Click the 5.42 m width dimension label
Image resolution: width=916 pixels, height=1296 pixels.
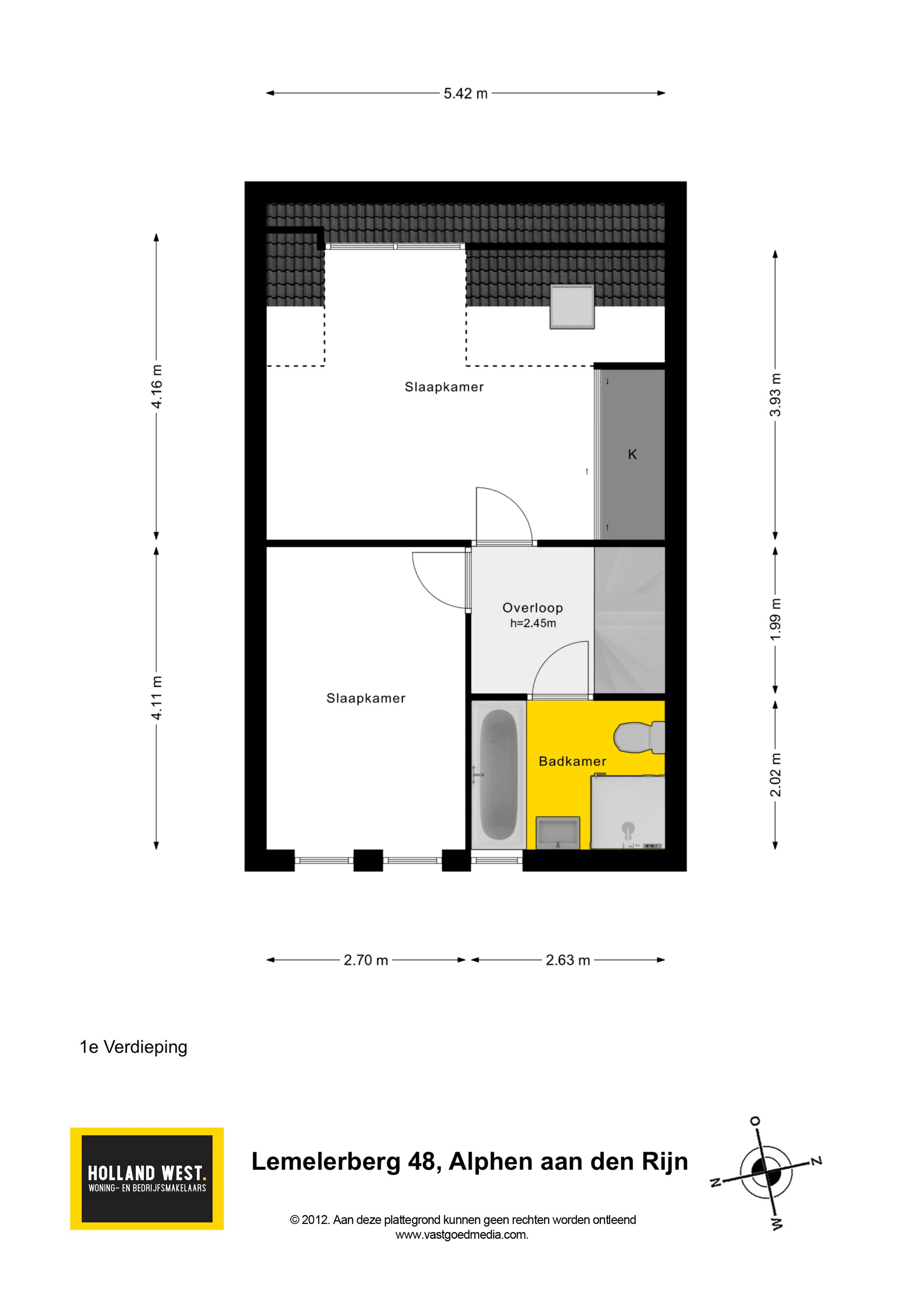click(465, 94)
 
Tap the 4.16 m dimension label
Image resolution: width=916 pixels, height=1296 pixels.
click(157, 386)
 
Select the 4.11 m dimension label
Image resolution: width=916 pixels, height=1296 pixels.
click(157, 698)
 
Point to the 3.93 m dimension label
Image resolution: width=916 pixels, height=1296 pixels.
click(776, 395)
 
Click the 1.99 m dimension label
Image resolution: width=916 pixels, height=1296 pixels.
click(776, 619)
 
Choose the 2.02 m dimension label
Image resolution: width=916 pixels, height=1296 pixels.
click(776, 775)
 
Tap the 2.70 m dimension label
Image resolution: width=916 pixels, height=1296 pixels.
click(366, 960)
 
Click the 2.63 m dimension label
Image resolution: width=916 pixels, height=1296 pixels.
click(567, 960)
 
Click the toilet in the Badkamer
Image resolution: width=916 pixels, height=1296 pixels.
click(640, 737)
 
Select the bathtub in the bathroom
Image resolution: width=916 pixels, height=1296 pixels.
click(499, 775)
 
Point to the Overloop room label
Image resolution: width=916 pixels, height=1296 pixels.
click(532, 608)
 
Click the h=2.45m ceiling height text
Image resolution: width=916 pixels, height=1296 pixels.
click(533, 623)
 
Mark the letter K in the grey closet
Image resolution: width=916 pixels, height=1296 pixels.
click(632, 454)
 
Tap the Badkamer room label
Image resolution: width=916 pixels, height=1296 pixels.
click(572, 761)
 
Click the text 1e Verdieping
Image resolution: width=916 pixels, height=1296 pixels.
click(133, 1047)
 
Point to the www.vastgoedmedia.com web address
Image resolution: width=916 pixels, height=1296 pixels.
click(462, 1234)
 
